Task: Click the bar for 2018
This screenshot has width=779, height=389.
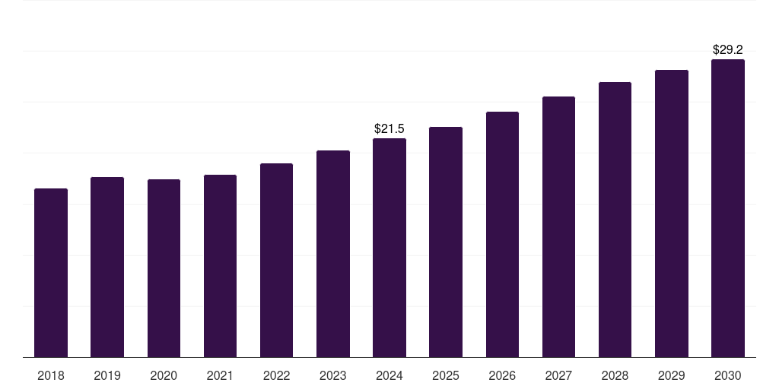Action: pyautogui.click(x=51, y=273)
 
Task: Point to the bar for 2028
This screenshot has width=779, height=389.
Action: pyautogui.click(x=615, y=220)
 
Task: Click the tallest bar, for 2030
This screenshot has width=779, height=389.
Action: pyautogui.click(x=728, y=208)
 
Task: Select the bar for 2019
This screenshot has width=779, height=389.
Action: pyautogui.click(x=107, y=267)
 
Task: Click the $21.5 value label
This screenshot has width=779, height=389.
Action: pyautogui.click(x=389, y=129)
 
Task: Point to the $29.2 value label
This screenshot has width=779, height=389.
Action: pyautogui.click(x=728, y=49)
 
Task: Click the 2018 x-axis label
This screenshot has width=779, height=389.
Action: pyautogui.click(x=51, y=375)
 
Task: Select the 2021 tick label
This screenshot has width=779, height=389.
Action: pyautogui.click(x=220, y=375)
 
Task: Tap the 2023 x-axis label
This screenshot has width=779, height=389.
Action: pyautogui.click(x=333, y=375)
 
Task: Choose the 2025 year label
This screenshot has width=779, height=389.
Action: pyautogui.click(x=446, y=375)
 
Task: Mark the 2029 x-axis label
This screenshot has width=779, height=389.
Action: pyautogui.click(x=672, y=375)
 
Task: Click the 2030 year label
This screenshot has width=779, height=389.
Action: pyautogui.click(x=728, y=375)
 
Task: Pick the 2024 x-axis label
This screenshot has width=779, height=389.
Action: pyautogui.click(x=389, y=375)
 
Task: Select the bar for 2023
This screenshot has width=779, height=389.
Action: pyautogui.click(x=333, y=254)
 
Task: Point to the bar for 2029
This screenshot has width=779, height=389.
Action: pyautogui.click(x=672, y=213)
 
